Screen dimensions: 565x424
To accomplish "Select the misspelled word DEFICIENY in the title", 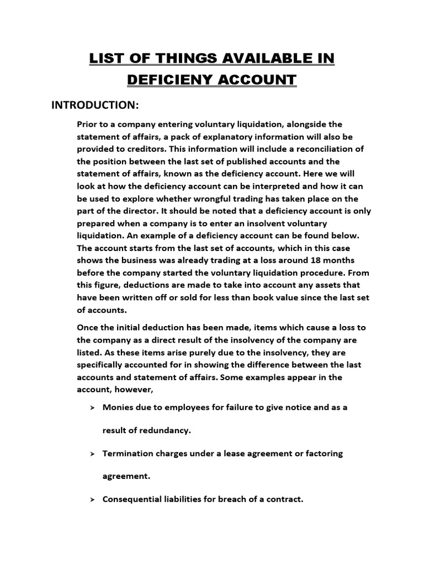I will (173, 79).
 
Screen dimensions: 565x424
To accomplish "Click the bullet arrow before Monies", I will (92, 408).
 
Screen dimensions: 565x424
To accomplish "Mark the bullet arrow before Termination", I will (92, 454).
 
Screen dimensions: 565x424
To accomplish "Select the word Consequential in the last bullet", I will (131, 499).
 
